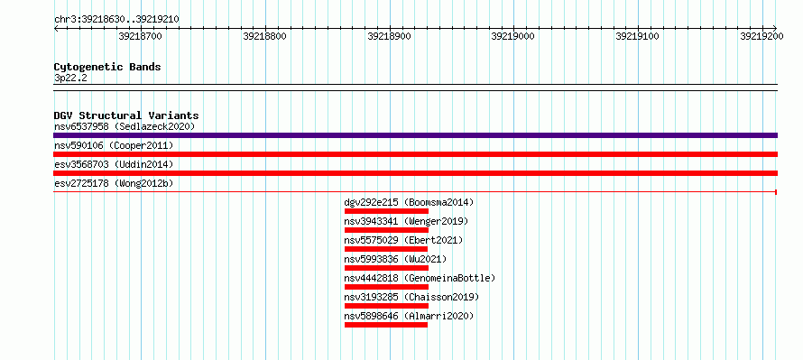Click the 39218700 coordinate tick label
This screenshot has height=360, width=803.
tap(140, 36)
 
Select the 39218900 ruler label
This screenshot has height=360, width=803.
tap(389, 36)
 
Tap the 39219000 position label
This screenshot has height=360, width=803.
tap(512, 36)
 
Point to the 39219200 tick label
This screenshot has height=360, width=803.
tap(761, 36)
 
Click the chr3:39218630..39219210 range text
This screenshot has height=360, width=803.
tap(116, 20)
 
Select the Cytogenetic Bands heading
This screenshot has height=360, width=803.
tap(107, 67)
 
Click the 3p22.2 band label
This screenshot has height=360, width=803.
tap(70, 78)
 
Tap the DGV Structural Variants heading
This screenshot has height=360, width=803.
tap(126, 115)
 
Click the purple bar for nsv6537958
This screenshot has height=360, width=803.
tap(415, 135)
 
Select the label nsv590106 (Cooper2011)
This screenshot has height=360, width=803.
tap(114, 145)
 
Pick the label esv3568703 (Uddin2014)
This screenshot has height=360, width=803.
tap(114, 164)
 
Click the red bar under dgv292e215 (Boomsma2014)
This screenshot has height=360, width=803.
tap(386, 211)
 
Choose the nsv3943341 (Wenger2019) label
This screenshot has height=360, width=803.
tap(406, 221)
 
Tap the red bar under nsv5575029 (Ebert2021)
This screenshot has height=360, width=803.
tap(386, 249)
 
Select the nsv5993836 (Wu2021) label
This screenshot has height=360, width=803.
tap(395, 259)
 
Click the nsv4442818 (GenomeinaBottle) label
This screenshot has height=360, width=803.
tap(420, 278)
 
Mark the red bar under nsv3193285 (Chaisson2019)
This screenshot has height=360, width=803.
tap(386, 306)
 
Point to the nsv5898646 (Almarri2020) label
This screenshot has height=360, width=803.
tap(410, 316)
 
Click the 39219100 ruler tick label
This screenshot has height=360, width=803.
tap(637, 36)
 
